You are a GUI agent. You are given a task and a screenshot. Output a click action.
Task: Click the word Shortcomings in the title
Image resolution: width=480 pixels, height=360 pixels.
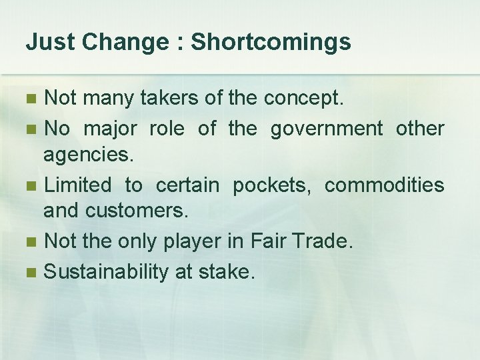(271, 43)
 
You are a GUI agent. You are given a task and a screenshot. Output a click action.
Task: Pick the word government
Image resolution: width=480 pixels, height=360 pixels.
(326, 129)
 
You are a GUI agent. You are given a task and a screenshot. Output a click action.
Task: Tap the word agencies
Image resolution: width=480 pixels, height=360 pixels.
(89, 156)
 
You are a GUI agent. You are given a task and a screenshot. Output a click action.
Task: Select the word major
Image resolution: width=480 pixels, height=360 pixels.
(110, 129)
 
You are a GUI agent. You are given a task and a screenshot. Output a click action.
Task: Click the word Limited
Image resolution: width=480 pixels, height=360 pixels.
(77, 185)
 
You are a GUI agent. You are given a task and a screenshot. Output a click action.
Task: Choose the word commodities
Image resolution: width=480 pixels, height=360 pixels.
(384, 185)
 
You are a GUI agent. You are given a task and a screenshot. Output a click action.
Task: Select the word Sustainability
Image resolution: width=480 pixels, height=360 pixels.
(106, 272)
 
